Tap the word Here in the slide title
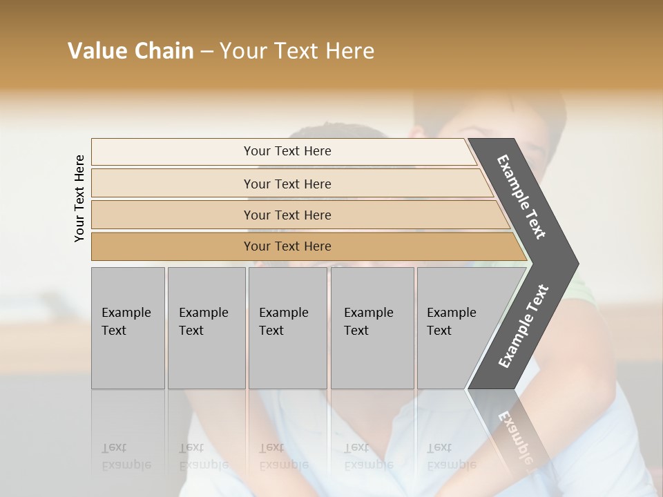349,51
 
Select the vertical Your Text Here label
80,198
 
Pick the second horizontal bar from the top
287,184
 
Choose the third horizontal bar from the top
287,215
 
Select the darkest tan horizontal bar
287,246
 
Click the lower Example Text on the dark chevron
523,327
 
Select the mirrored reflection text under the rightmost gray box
451,456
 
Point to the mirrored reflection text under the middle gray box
283,456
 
